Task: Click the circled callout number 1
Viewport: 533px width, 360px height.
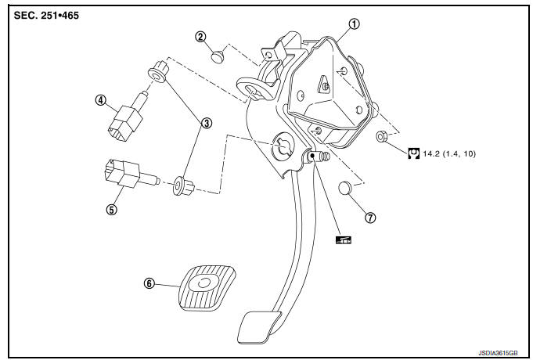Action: point(355,23)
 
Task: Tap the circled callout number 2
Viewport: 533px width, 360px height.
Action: point(201,37)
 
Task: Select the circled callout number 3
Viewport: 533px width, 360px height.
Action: point(207,122)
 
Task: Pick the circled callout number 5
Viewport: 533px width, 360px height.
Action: point(112,210)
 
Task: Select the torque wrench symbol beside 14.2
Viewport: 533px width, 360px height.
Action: point(413,153)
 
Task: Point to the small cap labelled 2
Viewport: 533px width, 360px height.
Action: point(218,55)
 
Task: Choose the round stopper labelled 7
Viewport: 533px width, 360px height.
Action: point(346,188)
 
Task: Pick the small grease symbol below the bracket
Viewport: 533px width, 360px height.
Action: point(343,241)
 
